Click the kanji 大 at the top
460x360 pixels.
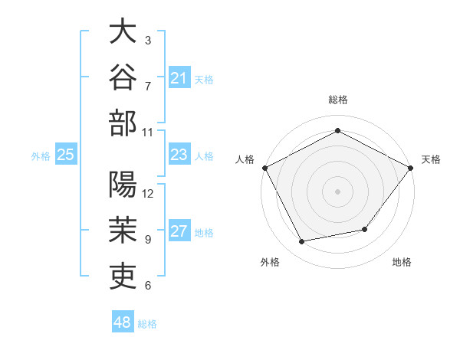(123, 31)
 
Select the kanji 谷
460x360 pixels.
(123, 77)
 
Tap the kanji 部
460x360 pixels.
(123, 123)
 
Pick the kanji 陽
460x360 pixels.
(123, 184)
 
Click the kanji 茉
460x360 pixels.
(123, 230)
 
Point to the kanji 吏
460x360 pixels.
(123, 277)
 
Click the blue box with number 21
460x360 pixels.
(179, 77)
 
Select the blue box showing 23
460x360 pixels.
(179, 154)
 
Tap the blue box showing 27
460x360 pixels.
(179, 230)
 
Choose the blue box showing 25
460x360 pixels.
(66, 154)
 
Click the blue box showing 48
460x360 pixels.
(123, 321)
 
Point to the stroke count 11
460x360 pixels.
(147, 133)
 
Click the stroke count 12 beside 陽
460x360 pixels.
(147, 194)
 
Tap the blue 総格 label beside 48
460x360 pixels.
(147, 324)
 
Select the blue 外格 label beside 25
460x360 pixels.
(41, 156)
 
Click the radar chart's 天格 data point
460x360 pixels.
(411, 168)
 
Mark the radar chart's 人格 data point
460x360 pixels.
(265, 168)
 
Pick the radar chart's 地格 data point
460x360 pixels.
(365, 229)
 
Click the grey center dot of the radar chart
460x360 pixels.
(337, 191)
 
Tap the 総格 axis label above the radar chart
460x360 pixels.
(338, 100)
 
